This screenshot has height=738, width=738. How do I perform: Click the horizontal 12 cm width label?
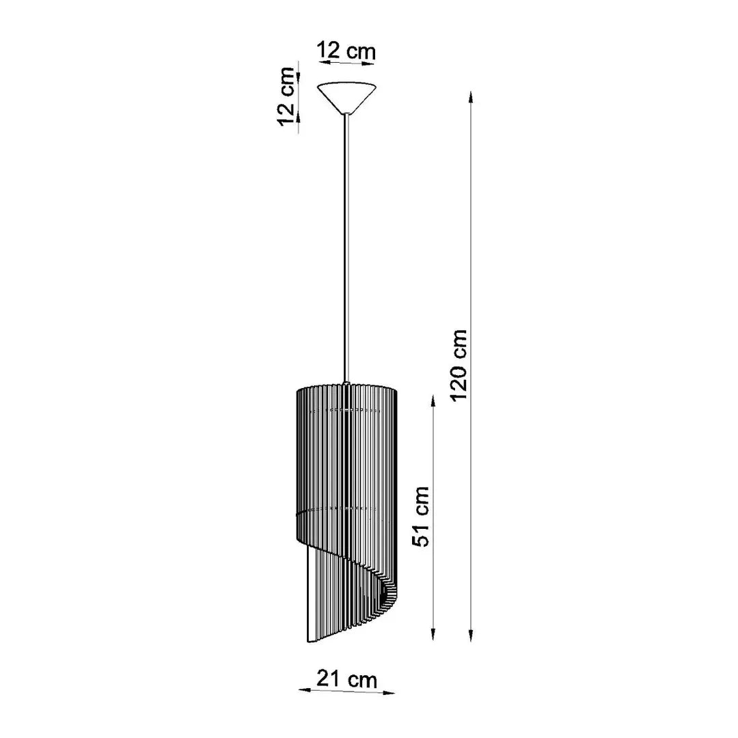[x=346, y=51]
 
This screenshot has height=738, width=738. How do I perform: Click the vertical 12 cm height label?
[x=287, y=96]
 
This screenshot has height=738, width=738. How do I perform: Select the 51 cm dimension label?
[x=422, y=516]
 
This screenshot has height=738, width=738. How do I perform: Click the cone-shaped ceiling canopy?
[x=348, y=96]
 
